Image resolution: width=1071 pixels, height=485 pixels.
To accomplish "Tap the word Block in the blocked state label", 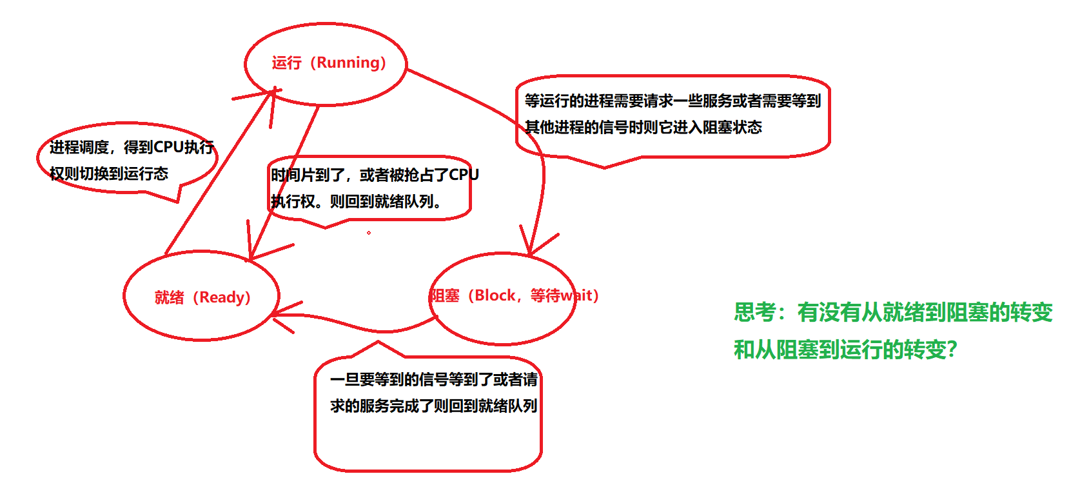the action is [495, 295].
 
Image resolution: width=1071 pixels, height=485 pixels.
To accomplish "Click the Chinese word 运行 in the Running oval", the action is [286, 63].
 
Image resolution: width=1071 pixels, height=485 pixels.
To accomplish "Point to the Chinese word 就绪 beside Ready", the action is [169, 297].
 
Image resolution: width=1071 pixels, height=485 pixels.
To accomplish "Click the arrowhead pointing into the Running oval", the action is [271, 94].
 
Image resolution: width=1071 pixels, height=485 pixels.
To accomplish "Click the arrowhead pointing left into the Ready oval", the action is [276, 314].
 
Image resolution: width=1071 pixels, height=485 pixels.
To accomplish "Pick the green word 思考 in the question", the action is [754, 313].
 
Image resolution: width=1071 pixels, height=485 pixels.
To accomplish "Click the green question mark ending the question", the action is [952, 350].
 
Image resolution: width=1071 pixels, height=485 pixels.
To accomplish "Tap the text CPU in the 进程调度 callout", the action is [168, 148].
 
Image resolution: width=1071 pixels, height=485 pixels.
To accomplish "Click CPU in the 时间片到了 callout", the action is [464, 175].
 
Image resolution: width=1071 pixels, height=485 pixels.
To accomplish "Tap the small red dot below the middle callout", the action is [369, 233].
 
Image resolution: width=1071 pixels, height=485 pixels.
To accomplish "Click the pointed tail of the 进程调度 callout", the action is [177, 200].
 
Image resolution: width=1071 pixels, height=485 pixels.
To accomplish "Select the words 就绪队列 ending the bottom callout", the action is [507, 406].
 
